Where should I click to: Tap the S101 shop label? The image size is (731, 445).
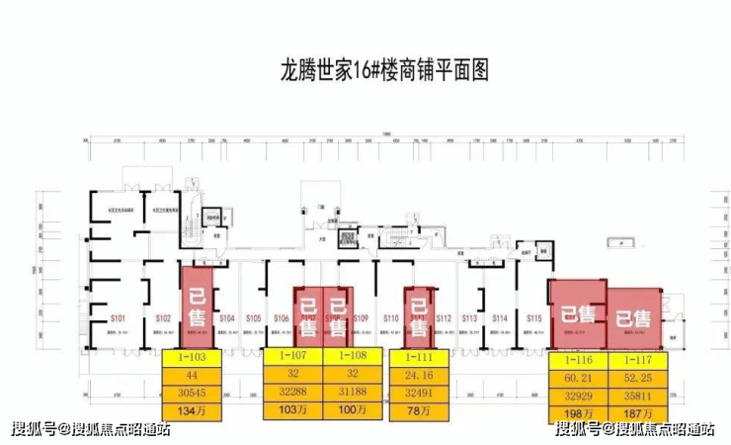click(x=118, y=318)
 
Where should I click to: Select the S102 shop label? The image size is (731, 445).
click(x=163, y=318)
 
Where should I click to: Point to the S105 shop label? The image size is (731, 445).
click(x=253, y=318)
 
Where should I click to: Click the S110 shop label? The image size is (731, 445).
click(x=390, y=318)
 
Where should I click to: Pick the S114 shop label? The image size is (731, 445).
click(x=500, y=318)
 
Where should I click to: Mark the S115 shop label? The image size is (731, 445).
click(x=533, y=318)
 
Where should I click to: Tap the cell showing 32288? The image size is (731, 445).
click(x=294, y=393)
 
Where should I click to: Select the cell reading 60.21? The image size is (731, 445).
click(x=578, y=376)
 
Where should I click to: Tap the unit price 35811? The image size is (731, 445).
click(x=634, y=393)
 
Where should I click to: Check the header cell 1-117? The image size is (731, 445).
click(x=634, y=358)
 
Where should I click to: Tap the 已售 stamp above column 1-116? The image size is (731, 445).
click(x=578, y=315)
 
